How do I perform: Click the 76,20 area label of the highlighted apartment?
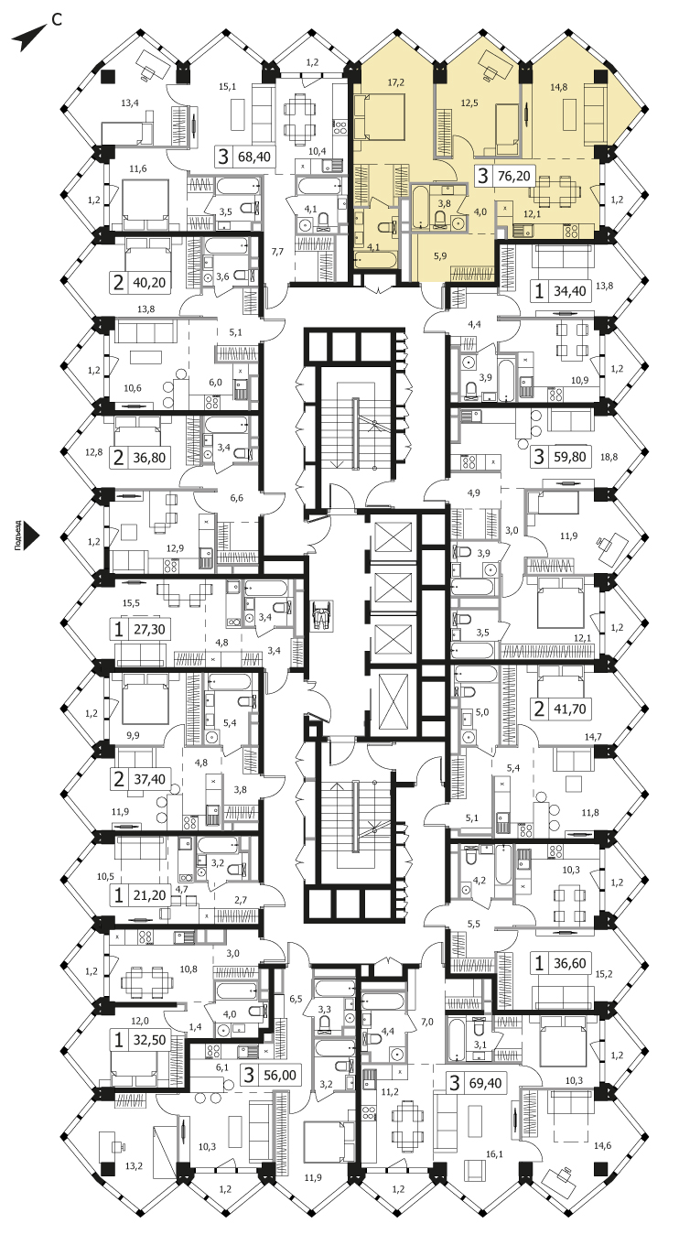514,176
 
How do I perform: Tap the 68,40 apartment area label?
253,157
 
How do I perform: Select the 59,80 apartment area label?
570,457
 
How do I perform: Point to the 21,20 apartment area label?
149,895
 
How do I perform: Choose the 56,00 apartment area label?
280,1075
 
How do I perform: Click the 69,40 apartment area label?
486,1083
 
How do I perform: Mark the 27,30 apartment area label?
149,630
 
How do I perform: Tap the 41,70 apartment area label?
570,709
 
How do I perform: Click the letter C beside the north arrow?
56,19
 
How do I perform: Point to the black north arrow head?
27,38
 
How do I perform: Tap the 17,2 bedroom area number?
395,82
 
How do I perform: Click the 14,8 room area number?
558,86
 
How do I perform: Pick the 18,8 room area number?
609,458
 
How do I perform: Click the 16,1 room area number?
494,1154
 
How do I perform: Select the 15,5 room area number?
131,603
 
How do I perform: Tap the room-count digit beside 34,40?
538,290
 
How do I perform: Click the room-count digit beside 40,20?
118,282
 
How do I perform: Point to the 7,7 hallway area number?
277,252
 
